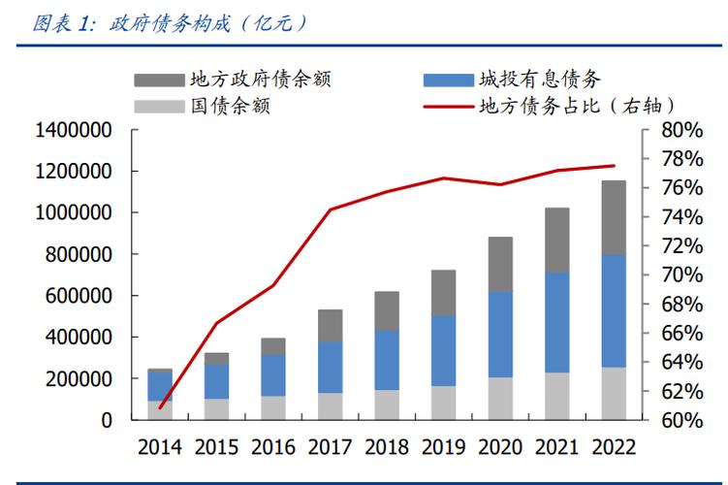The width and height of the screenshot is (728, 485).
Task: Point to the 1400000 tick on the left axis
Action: click(74, 130)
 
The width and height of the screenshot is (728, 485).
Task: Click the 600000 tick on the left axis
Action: click(80, 296)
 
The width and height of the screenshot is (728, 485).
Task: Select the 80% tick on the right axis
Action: click(681, 130)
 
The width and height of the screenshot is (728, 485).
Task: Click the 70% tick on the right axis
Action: click(681, 275)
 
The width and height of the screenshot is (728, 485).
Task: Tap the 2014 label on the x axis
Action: click(160, 447)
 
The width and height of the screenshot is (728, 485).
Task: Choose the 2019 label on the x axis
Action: click(443, 447)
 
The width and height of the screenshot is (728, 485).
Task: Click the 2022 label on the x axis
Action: click(613, 447)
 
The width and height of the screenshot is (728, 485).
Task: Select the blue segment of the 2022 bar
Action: click(613, 310)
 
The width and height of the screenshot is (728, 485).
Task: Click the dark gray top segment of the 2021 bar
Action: click(556, 240)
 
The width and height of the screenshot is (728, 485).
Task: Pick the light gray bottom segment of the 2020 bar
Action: click(500, 399)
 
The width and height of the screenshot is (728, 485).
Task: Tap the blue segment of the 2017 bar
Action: click(330, 367)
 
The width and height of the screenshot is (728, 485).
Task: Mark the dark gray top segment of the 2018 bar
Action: click(387, 310)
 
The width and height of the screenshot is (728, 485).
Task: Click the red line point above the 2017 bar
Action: click(330, 210)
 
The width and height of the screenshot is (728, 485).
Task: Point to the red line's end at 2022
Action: click(614, 166)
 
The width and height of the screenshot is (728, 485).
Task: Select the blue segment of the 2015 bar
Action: click(217, 381)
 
